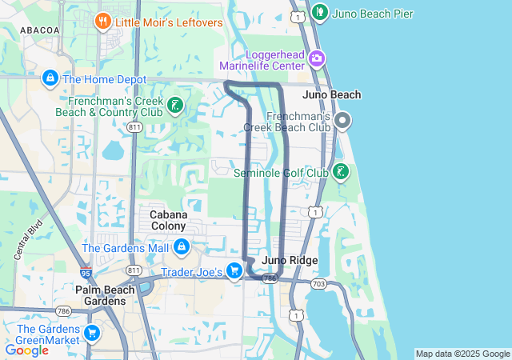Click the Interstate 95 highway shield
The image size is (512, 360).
[86, 273]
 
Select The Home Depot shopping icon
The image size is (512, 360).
[50, 78]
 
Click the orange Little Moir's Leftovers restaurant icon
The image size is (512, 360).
[102, 21]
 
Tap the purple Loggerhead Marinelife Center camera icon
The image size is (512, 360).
[318, 58]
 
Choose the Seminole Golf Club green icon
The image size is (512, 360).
[341, 171]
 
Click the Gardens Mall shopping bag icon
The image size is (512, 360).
[182, 247]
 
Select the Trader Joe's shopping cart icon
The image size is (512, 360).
[234, 270]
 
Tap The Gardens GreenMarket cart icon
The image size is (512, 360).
[92, 333]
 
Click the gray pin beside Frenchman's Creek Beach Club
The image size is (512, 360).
[343, 122]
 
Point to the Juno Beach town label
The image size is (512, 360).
[332, 94]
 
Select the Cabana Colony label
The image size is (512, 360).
[169, 220]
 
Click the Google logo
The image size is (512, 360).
[26, 350]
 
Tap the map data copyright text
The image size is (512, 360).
[462, 354]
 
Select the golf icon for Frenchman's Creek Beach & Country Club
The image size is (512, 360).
[175, 104]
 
